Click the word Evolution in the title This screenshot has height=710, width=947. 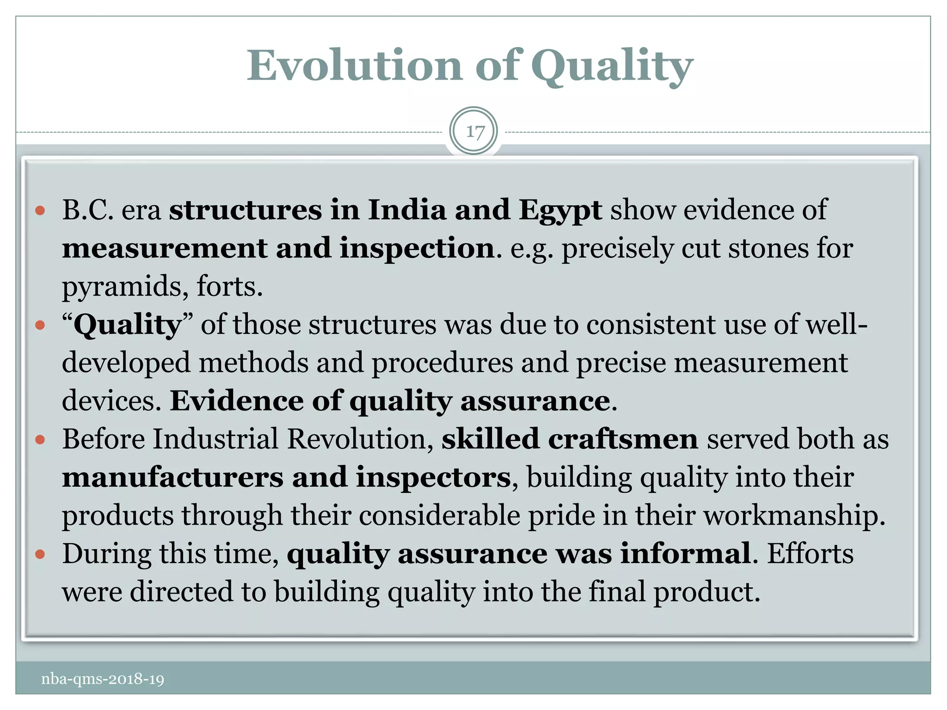pos(354,66)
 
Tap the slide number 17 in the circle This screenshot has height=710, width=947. pos(474,132)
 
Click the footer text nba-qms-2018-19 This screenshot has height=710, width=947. pos(103,679)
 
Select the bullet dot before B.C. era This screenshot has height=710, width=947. pos(40,211)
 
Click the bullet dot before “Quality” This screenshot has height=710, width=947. pos(40,325)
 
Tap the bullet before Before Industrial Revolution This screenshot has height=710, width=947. pos(40,440)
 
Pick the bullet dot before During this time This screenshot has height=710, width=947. pos(40,554)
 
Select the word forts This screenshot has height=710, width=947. pos(229,286)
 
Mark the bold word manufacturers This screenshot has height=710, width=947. pos(172,477)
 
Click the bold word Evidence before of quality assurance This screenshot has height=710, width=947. pos(236,401)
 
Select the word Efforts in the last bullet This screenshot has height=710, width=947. pos(810,553)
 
